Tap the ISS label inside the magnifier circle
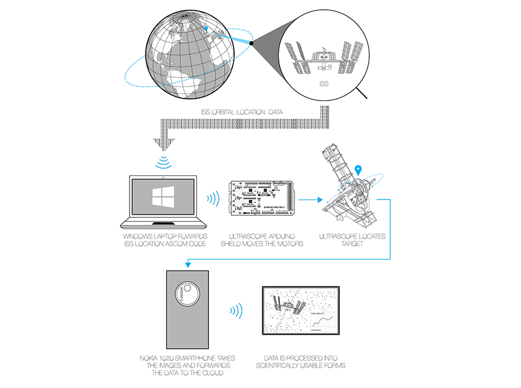pyautogui.click(x=324, y=83)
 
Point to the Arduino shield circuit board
pyautogui.click(x=264, y=198)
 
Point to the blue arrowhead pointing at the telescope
pyautogui.click(x=320, y=199)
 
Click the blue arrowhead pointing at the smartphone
pyautogui.click(x=186, y=263)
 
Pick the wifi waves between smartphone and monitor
pyautogui.click(x=237, y=310)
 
